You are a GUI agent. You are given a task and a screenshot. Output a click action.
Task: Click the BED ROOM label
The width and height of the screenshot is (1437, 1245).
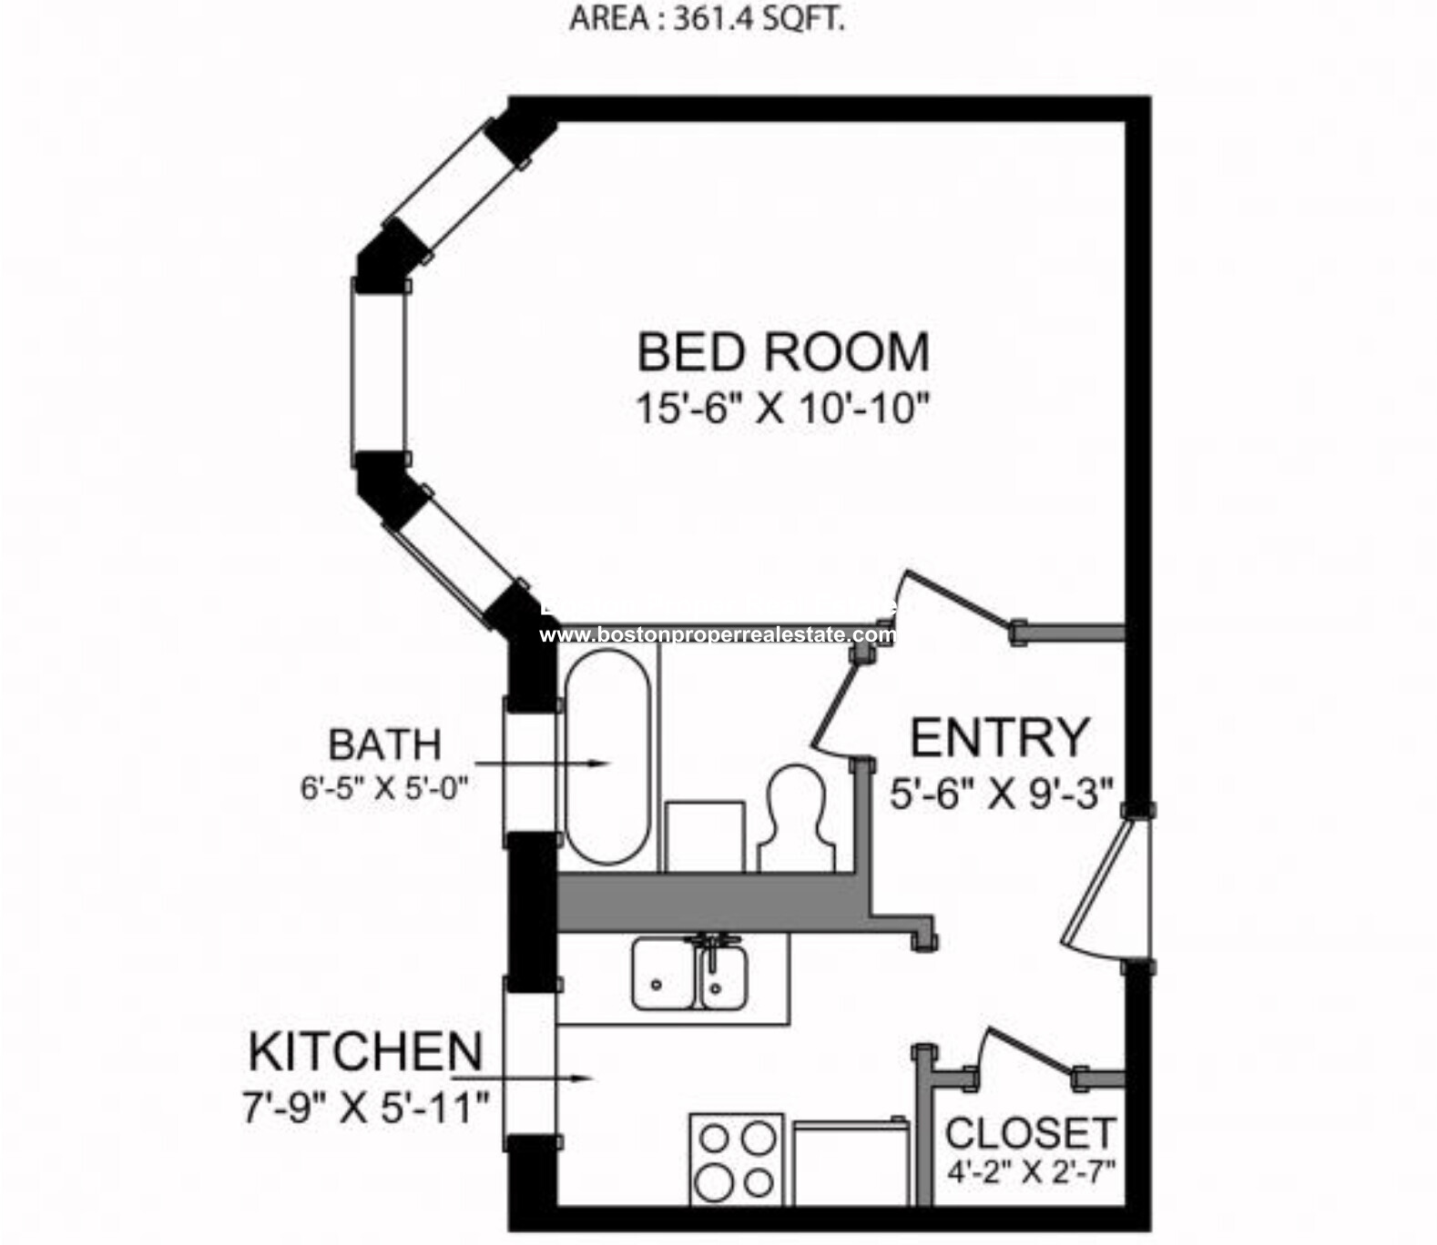tap(782, 352)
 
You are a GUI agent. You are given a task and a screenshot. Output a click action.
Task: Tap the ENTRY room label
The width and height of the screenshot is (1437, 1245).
tap(999, 737)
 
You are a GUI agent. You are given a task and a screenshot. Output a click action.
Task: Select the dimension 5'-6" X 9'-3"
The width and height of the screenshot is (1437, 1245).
tap(1001, 795)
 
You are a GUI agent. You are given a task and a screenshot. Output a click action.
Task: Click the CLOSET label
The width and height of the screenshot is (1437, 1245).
tap(1029, 1134)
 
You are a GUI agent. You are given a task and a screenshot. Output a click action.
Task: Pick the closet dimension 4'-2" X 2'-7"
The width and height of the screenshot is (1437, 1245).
tap(1031, 1171)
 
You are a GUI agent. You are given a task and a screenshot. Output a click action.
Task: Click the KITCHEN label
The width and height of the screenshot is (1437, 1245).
tap(365, 1052)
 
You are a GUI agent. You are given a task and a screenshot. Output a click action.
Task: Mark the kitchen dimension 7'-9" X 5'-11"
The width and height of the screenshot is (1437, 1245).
tap(365, 1108)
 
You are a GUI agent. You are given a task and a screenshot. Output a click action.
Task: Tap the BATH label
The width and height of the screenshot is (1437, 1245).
tap(384, 744)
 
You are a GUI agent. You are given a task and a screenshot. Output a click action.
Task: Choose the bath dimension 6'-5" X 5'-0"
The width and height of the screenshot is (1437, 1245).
tap(384, 787)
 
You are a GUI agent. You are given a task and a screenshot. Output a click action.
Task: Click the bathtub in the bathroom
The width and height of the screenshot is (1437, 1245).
tap(607, 757)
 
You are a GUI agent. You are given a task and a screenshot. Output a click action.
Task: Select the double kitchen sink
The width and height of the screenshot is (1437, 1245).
tap(690, 975)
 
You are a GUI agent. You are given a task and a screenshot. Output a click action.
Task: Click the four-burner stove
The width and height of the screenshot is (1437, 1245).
tap(736, 1160)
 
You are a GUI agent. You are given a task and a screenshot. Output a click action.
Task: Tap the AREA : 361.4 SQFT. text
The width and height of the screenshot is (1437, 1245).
tap(707, 19)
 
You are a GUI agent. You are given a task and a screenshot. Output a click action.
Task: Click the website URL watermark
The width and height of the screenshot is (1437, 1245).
tap(717, 634)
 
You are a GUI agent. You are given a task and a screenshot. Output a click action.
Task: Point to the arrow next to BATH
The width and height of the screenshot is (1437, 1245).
tap(541, 764)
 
